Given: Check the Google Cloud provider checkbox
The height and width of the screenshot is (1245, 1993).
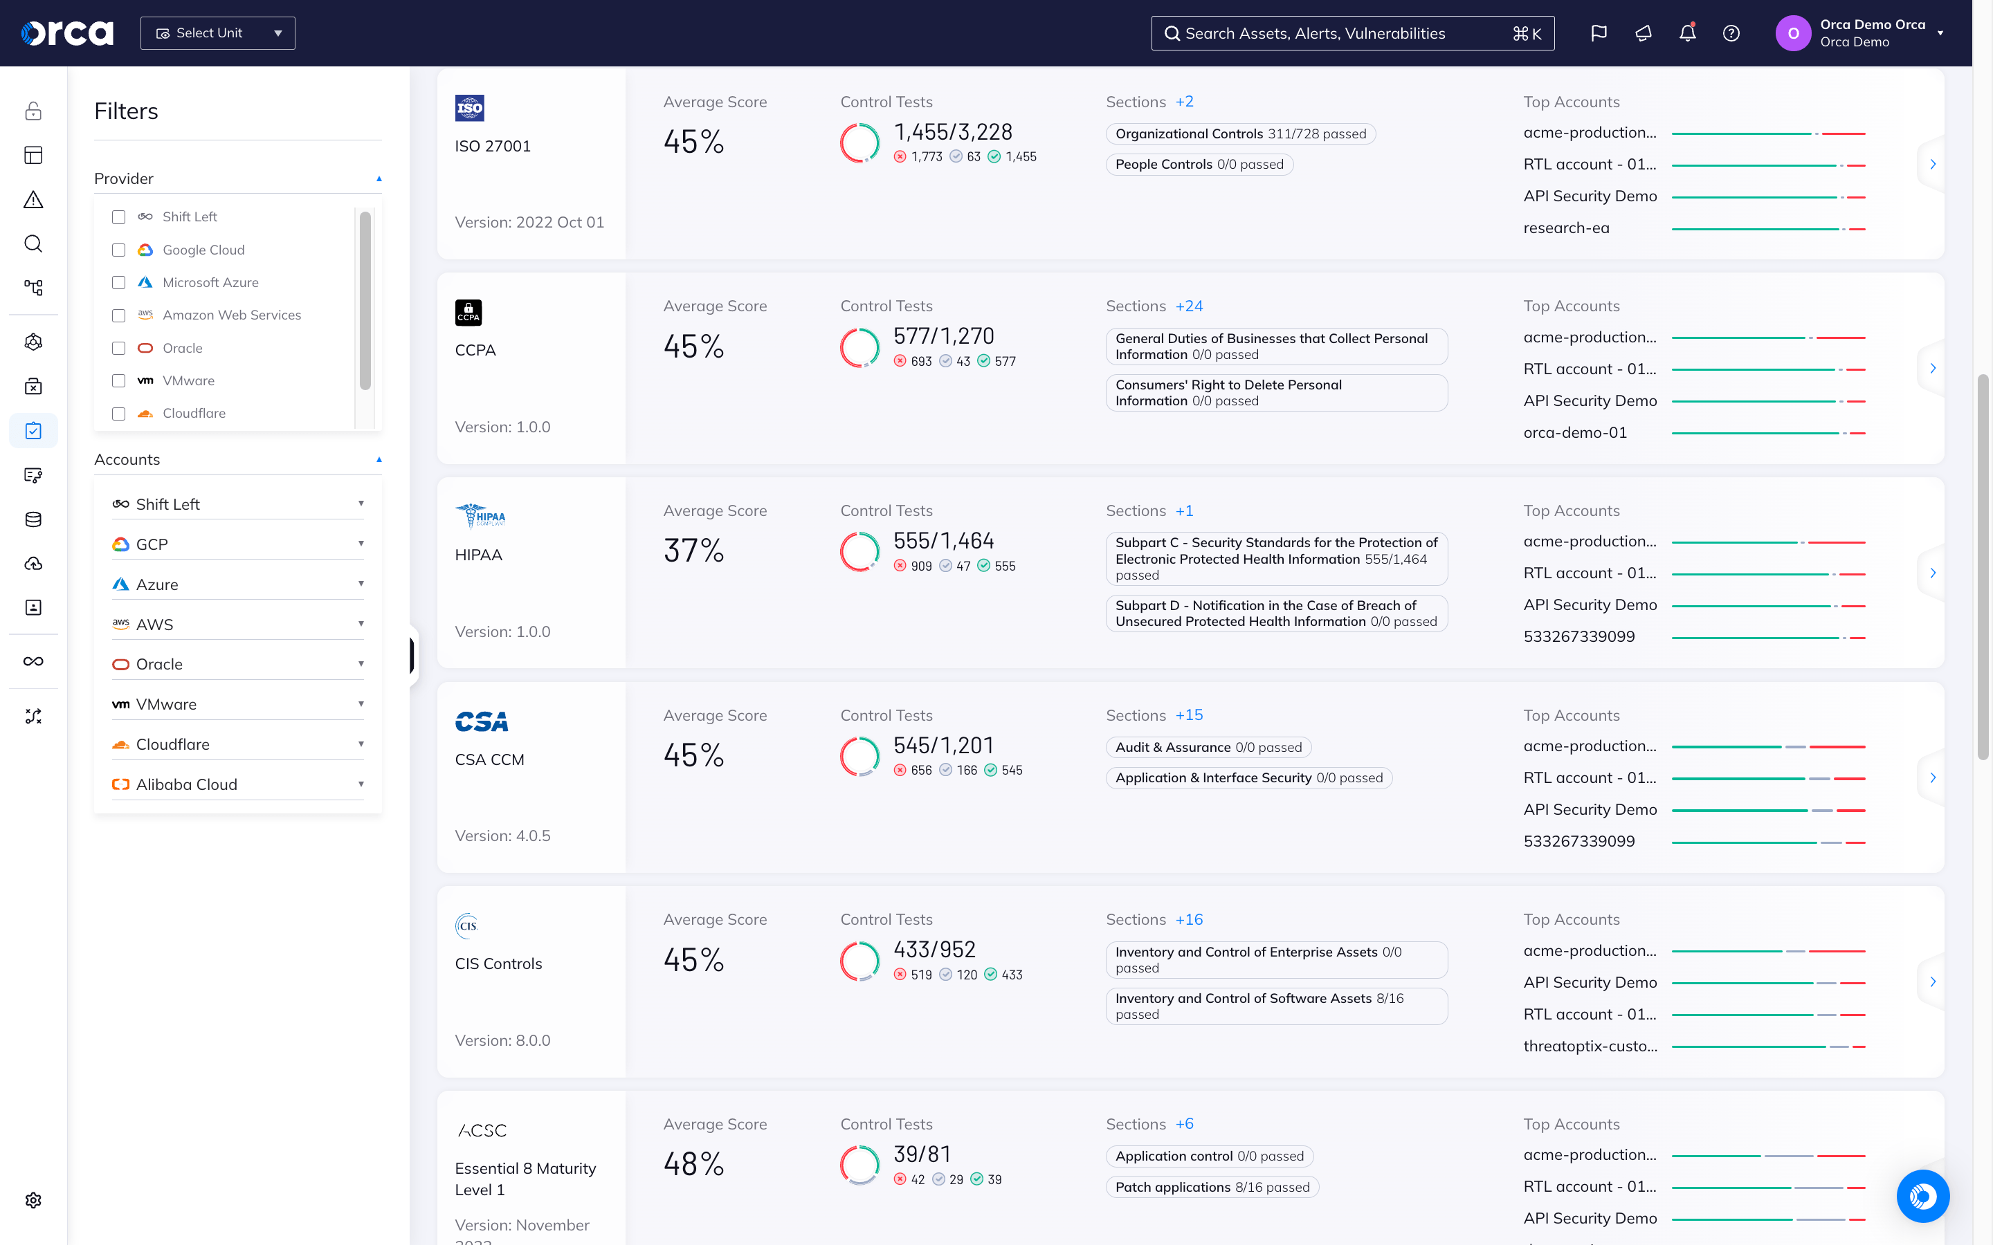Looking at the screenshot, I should [x=118, y=250].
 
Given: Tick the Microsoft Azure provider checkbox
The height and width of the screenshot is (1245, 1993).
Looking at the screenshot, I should [x=118, y=282].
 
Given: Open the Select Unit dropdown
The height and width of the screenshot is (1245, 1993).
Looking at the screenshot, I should [x=217, y=33].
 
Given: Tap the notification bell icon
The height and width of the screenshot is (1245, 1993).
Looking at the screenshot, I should [x=1686, y=33].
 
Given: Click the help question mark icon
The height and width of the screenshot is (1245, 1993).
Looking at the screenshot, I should [x=1731, y=33].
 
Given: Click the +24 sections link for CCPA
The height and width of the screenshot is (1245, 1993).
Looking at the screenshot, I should [x=1188, y=306].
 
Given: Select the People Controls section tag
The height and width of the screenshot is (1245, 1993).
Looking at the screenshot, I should [x=1199, y=165].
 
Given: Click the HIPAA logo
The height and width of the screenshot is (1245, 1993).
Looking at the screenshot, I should [x=480, y=515].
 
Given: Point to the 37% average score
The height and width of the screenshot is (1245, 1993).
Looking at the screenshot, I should [x=693, y=551].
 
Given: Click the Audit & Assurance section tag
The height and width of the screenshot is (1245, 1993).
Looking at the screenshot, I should [x=1208, y=748].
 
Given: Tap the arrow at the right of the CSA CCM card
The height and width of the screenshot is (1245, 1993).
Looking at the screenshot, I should [x=1932, y=777].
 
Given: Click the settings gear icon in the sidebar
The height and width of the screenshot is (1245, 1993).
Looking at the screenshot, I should [x=33, y=1200].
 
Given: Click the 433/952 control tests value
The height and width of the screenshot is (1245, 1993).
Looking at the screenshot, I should [x=934, y=950].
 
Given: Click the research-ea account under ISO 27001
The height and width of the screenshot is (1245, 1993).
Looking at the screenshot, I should [x=1565, y=228].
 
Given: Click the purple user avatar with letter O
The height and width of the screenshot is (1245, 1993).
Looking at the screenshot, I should [x=1793, y=34].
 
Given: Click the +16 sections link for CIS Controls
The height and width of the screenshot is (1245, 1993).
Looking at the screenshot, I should [x=1188, y=920].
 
